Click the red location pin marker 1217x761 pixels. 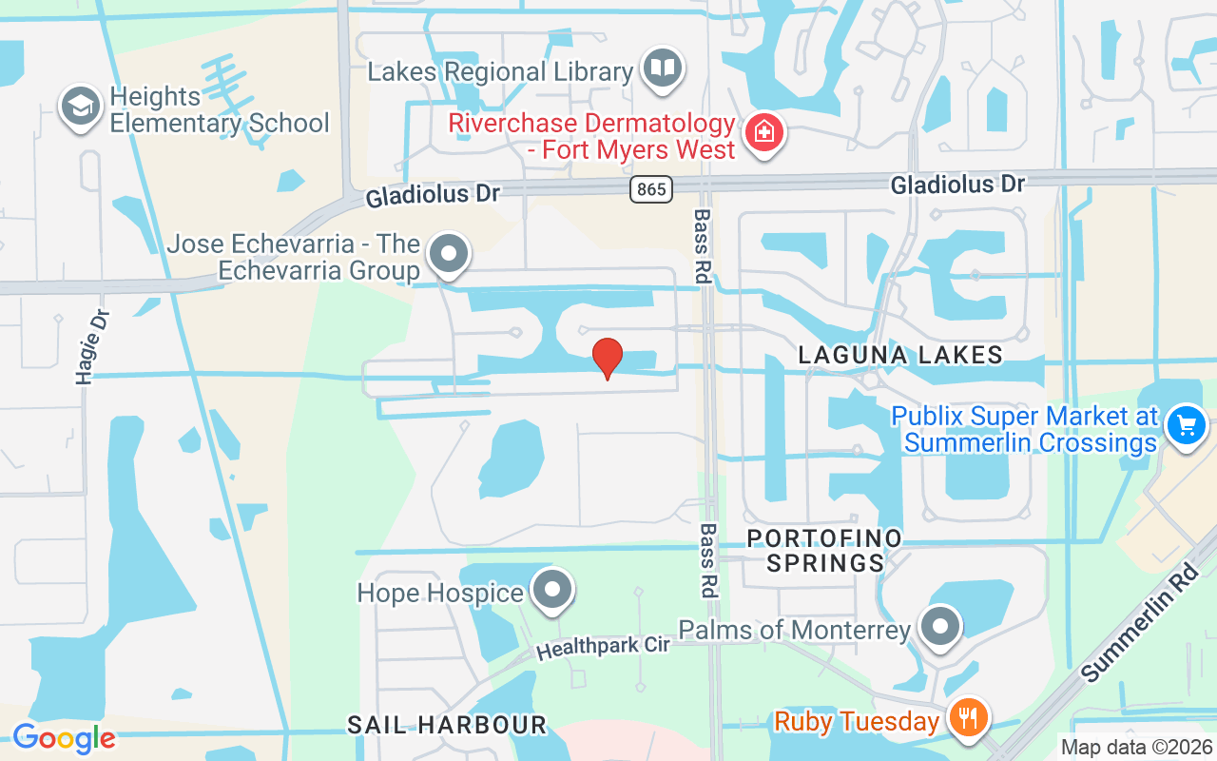point(608,358)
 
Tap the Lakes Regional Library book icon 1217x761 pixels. point(663,69)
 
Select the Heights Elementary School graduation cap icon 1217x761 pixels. point(81,107)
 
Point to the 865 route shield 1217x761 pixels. point(651,189)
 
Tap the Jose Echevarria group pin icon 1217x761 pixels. point(449,255)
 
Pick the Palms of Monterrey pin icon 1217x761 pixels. point(941,627)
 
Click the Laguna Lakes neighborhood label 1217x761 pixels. point(900,356)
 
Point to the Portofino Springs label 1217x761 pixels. point(824,551)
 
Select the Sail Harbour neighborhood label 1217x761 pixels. point(447,725)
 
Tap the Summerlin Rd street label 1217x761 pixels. point(1142,623)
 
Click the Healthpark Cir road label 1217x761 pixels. point(604,648)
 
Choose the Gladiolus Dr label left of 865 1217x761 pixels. point(433,195)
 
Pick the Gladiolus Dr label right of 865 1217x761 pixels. point(957,184)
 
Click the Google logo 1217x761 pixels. point(64,737)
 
